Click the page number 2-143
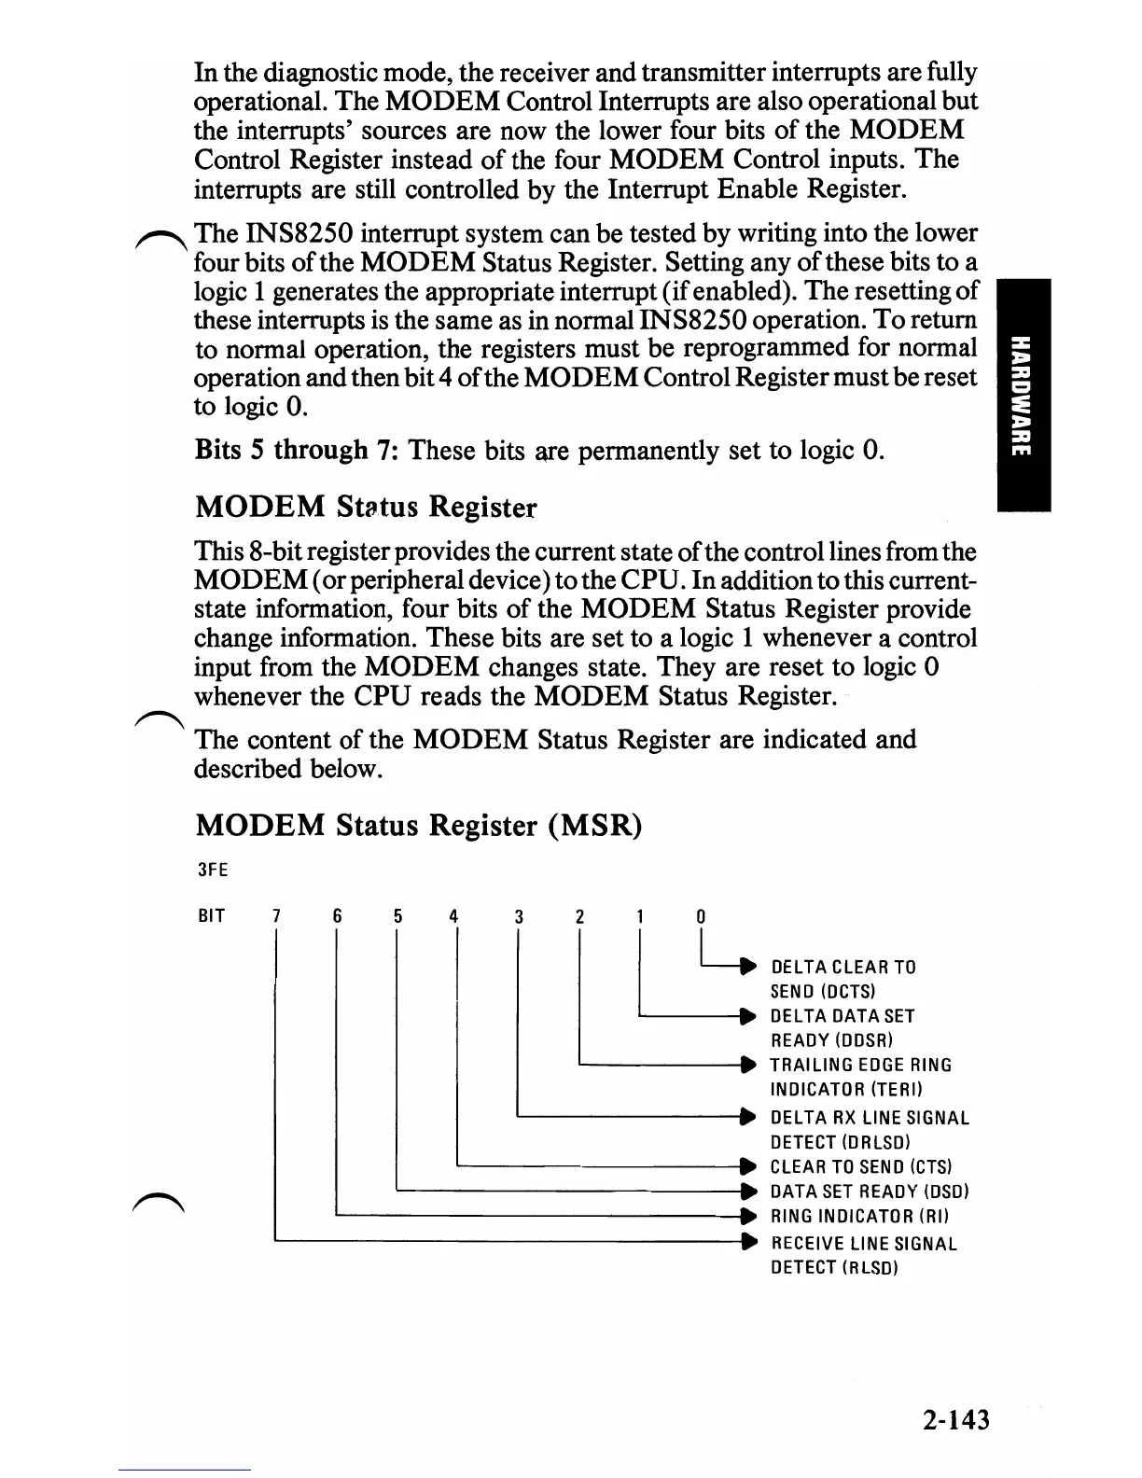(x=951, y=1420)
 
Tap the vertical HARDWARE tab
(x=1023, y=395)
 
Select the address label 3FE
(x=213, y=870)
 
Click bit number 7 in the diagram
(x=276, y=916)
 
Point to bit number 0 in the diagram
(x=701, y=916)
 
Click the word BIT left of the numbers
(x=212, y=915)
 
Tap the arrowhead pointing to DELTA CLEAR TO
(x=746, y=966)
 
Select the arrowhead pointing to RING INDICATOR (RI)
(x=746, y=1216)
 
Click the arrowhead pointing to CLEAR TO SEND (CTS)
(x=746, y=1166)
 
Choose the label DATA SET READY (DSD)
(x=870, y=1192)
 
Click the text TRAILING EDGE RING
(x=860, y=1065)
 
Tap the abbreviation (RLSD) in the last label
(x=870, y=1268)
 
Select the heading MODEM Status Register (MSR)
(x=418, y=826)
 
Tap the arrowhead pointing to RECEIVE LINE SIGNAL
(x=746, y=1242)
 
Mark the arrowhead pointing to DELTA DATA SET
(x=746, y=1015)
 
